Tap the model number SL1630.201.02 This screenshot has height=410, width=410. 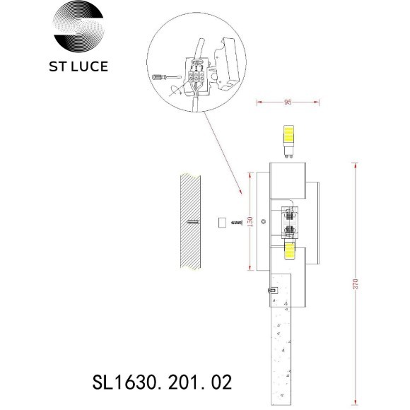pyautogui.click(x=163, y=383)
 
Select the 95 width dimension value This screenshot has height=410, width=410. pyautogui.click(x=287, y=102)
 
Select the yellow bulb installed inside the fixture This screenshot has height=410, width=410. pyautogui.click(x=288, y=249)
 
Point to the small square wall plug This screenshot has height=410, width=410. pyautogui.click(x=221, y=222)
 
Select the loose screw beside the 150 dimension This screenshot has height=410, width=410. pyautogui.click(x=238, y=222)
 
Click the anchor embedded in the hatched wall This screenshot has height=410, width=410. pyautogui.click(x=194, y=221)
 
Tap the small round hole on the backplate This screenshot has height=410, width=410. pyautogui.click(x=264, y=222)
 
